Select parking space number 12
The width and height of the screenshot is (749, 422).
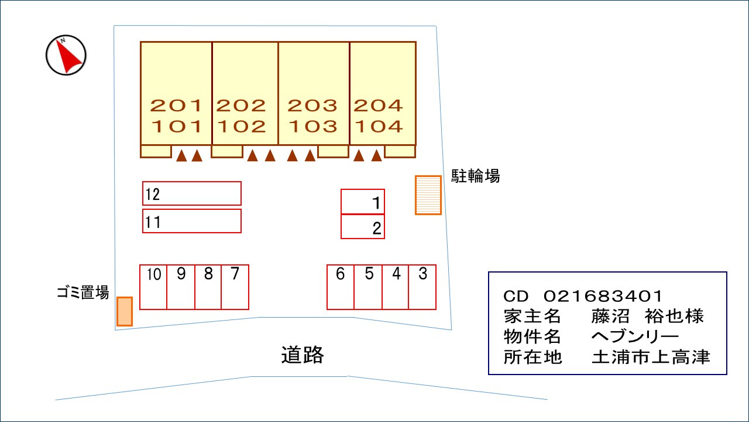[x=192, y=193]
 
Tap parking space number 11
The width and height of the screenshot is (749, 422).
[x=192, y=222]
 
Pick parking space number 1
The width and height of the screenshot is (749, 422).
[x=363, y=202]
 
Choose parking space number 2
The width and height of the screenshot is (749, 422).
[x=363, y=227]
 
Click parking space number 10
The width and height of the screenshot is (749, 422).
[x=153, y=287]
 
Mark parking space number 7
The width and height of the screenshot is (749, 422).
[x=235, y=287]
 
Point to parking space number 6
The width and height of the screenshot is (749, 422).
[x=341, y=287]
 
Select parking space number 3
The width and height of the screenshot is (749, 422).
[x=422, y=287]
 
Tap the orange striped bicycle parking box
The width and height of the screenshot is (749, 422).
[x=428, y=195]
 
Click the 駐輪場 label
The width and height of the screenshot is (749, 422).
[x=475, y=176]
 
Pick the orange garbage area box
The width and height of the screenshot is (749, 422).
[x=125, y=311]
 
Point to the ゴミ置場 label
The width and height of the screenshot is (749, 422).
[x=83, y=292]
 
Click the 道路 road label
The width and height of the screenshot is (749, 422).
[x=302, y=355]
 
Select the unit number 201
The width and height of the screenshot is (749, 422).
[x=176, y=105]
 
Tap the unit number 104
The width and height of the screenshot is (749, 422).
[x=379, y=126]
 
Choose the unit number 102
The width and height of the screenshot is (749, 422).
[x=241, y=126]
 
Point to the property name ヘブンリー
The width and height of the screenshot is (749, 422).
[x=635, y=336]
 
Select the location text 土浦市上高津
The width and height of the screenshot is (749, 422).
[x=651, y=356]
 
